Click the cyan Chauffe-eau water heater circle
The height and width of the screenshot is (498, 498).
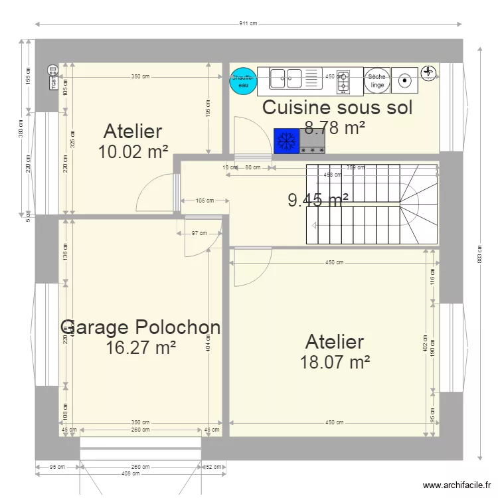(243, 80)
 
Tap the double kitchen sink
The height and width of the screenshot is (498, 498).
(286, 78)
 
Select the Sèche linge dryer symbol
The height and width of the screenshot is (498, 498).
(376, 80)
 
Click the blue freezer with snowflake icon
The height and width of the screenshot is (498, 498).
(286, 140)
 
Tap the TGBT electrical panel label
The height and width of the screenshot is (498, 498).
(51, 78)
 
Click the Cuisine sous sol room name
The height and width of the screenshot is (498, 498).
(337, 108)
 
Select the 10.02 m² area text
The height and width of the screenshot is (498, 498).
(133, 152)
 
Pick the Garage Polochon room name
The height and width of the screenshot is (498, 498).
(140, 327)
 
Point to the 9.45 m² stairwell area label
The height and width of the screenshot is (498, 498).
(318, 199)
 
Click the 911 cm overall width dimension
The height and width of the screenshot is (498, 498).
(248, 24)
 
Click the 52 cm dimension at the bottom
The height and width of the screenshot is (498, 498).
(214, 467)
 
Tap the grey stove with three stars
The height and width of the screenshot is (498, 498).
(313, 140)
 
